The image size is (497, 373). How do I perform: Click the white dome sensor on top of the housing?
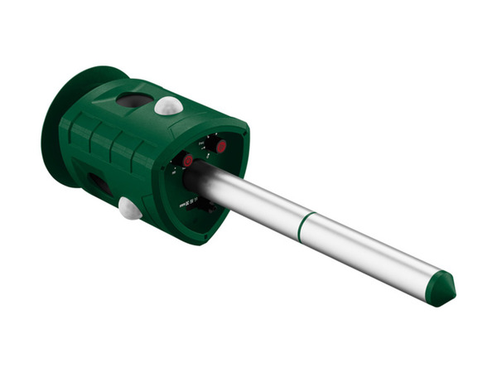[x=169, y=104]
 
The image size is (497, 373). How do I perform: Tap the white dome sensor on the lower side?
[x=129, y=208]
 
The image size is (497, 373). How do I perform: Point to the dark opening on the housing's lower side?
[x=99, y=184]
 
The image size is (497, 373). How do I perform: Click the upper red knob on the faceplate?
[x=220, y=146]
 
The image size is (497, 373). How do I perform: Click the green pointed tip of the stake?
[x=442, y=288]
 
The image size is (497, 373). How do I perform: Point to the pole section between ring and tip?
[x=373, y=253]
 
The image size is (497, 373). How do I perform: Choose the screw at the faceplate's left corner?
[x=163, y=167]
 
